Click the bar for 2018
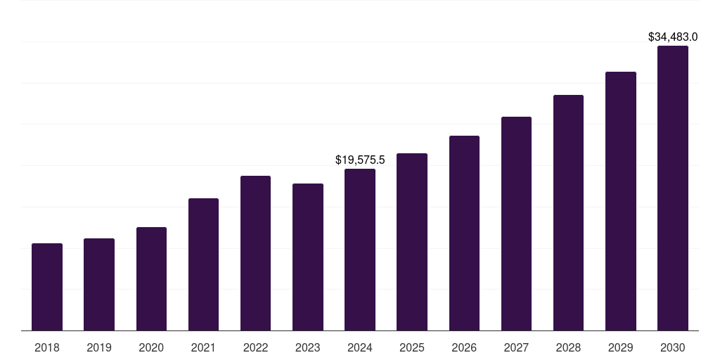47,287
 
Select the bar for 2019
99,285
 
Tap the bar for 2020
151,279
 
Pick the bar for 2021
203,264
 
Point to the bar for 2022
255,253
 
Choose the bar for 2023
308,257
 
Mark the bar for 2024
360,250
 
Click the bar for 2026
464,233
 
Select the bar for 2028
568,213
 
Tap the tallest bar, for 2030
673,188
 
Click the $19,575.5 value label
360,160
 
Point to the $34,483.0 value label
673,37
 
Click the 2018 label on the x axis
47,347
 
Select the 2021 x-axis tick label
203,347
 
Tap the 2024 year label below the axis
360,347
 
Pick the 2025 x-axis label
412,347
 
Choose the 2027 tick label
516,347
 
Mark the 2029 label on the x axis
621,347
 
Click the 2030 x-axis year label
673,347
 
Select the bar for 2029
621,201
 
